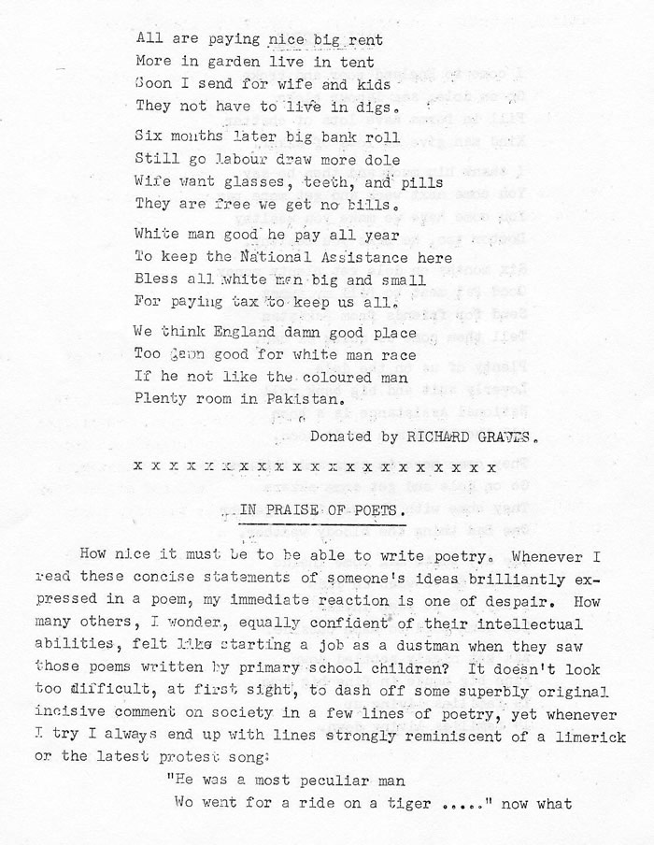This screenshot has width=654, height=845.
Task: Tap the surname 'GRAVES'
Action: click(x=511, y=436)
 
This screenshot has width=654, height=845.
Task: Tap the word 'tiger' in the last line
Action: click(x=408, y=803)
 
